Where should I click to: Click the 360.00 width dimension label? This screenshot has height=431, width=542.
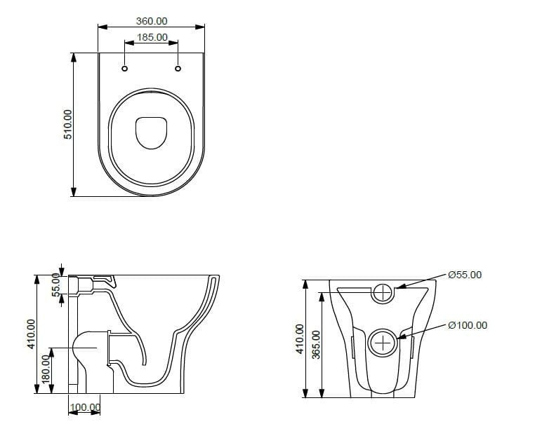point(152,22)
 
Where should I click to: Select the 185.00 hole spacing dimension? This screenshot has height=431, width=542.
point(152,37)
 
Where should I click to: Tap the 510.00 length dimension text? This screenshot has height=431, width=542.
point(68,124)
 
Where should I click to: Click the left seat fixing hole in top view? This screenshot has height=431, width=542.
point(125,69)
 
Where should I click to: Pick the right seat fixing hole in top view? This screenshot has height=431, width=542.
point(178,69)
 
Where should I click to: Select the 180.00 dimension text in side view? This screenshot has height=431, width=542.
point(46,369)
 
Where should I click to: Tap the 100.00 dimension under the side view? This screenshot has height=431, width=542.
point(84,407)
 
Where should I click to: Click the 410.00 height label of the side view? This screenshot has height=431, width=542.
point(30,334)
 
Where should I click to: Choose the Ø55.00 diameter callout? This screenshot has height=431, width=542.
point(465,275)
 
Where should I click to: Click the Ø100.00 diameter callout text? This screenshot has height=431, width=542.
point(467,325)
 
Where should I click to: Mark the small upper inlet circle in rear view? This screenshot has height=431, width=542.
point(383,292)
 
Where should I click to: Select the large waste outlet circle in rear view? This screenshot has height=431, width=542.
point(383,343)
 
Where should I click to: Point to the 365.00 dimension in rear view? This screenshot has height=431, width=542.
point(316,344)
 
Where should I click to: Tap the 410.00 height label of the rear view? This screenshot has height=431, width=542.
point(300,338)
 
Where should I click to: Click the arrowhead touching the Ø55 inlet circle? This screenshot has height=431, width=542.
point(397,287)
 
